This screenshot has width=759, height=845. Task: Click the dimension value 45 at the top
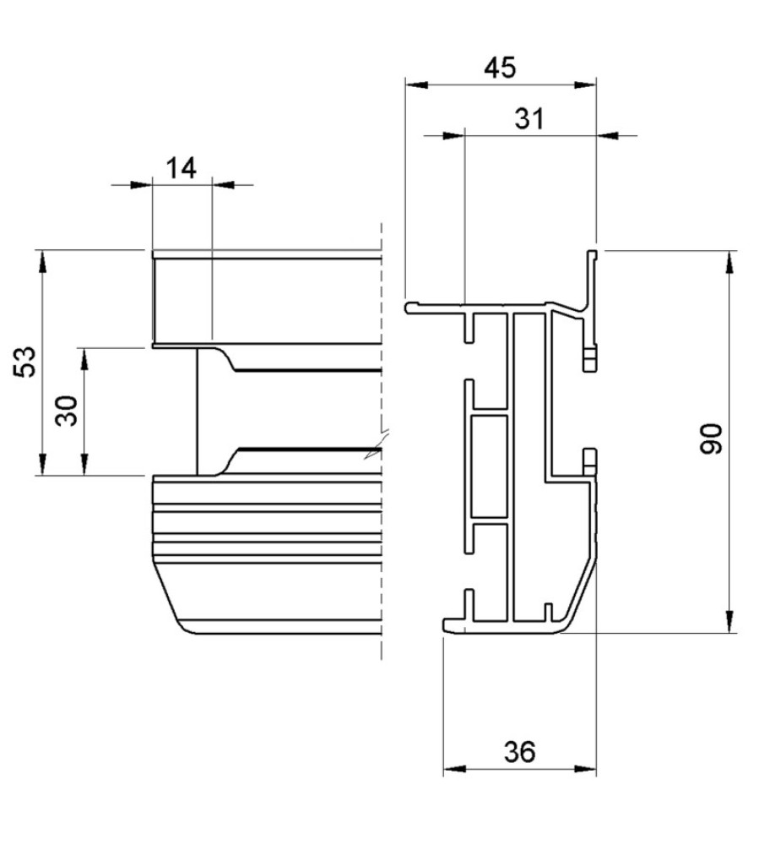(500, 68)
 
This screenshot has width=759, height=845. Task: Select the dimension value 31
(529, 119)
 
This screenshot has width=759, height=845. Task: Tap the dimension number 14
(181, 168)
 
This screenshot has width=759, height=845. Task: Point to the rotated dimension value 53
(27, 362)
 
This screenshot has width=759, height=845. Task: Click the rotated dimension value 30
(70, 411)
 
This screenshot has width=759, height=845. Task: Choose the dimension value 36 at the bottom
(519, 752)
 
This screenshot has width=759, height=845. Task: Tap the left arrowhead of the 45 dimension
(415, 84)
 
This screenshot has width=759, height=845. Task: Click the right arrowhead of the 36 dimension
(587, 769)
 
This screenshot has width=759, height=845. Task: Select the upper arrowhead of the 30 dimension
(84, 358)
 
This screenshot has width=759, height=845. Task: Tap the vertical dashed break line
(382, 507)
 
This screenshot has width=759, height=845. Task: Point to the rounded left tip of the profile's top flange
(409, 308)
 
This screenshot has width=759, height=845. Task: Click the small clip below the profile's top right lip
(590, 358)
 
